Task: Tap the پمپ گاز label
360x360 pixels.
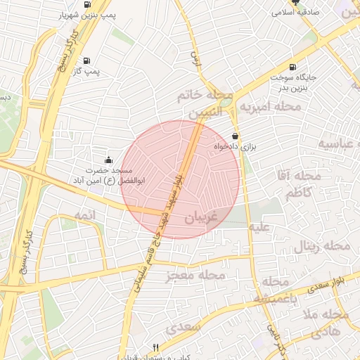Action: [x=87, y=71]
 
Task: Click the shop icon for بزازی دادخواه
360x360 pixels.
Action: [x=235, y=136]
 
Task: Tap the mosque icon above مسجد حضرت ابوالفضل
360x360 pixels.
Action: [x=108, y=160]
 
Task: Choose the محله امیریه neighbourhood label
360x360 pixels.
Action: [x=271, y=107]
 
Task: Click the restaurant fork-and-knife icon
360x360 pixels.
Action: [x=156, y=347]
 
